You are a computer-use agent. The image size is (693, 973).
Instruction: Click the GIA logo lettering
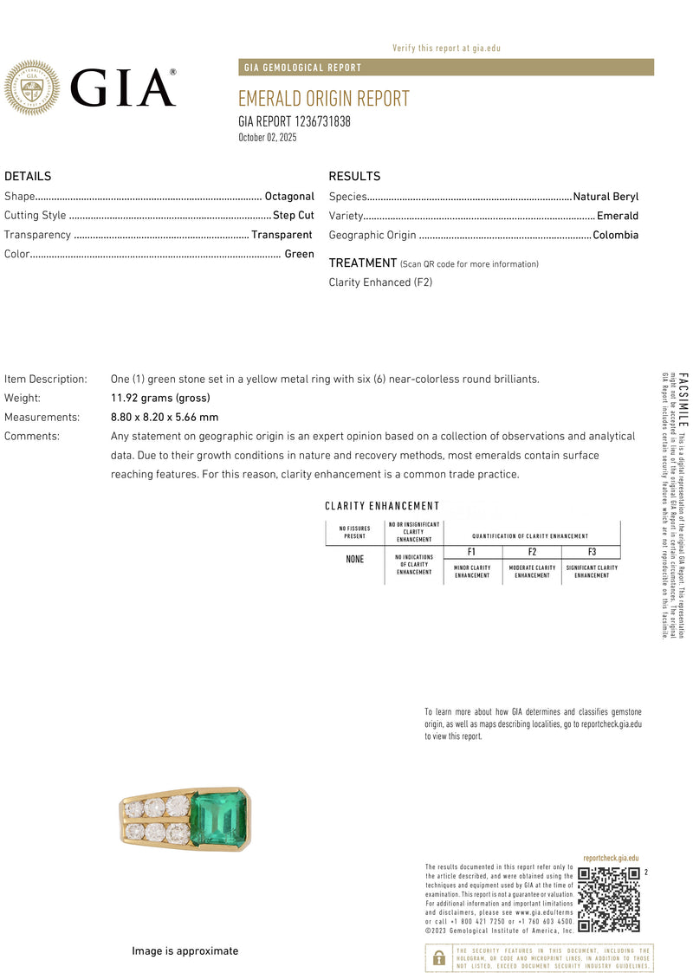122,88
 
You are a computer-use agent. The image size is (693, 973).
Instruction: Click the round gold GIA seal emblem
32,88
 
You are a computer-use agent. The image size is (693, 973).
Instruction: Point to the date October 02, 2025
268,138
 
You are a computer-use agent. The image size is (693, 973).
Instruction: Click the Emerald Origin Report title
323,99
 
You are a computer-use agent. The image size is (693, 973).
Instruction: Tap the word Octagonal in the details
289,197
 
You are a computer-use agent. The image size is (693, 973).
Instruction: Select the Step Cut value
294,216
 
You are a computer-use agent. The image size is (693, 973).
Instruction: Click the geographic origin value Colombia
615,235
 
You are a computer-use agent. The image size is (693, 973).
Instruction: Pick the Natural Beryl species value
606,197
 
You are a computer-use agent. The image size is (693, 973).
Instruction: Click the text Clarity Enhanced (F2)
380,282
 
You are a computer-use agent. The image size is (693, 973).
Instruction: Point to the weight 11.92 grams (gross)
160,398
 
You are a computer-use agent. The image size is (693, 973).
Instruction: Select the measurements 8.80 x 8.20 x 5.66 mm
165,417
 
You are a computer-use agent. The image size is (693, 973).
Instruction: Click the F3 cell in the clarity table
592,552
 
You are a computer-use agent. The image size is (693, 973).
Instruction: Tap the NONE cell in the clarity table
355,560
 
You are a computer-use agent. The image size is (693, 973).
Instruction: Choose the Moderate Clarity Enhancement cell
532,572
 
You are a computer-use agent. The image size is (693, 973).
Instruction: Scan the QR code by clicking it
609,899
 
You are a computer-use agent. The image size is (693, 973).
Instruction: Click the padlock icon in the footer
439,957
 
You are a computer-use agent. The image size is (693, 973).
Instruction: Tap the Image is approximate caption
185,951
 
